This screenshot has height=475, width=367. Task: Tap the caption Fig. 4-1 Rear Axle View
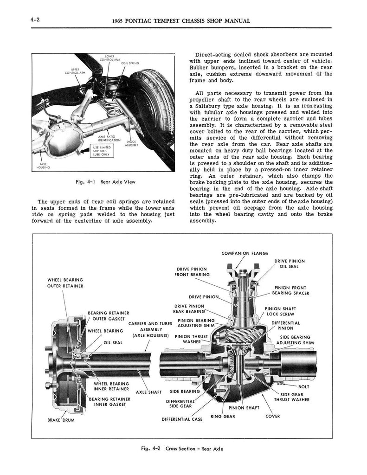click(x=107, y=182)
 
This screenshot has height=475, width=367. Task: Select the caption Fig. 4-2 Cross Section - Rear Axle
click(x=183, y=449)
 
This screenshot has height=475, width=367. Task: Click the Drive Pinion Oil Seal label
click(x=290, y=263)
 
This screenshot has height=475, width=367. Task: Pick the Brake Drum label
click(x=61, y=420)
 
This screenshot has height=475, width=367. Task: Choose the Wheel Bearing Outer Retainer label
click(x=65, y=283)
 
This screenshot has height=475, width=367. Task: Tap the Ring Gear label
click(x=223, y=417)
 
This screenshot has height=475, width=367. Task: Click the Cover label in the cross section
click(x=272, y=416)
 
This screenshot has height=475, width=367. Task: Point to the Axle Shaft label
click(x=148, y=392)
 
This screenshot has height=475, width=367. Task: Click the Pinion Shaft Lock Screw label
click(x=280, y=311)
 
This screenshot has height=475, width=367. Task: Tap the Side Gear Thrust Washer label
click(x=292, y=397)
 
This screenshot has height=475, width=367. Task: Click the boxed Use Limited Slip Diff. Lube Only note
click(x=105, y=150)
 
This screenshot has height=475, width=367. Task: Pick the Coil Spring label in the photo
click(x=130, y=64)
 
